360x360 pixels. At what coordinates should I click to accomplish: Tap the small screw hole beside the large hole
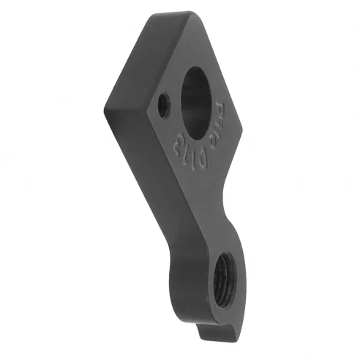(165, 106)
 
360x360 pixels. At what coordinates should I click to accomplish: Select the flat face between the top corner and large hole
(187, 44)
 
